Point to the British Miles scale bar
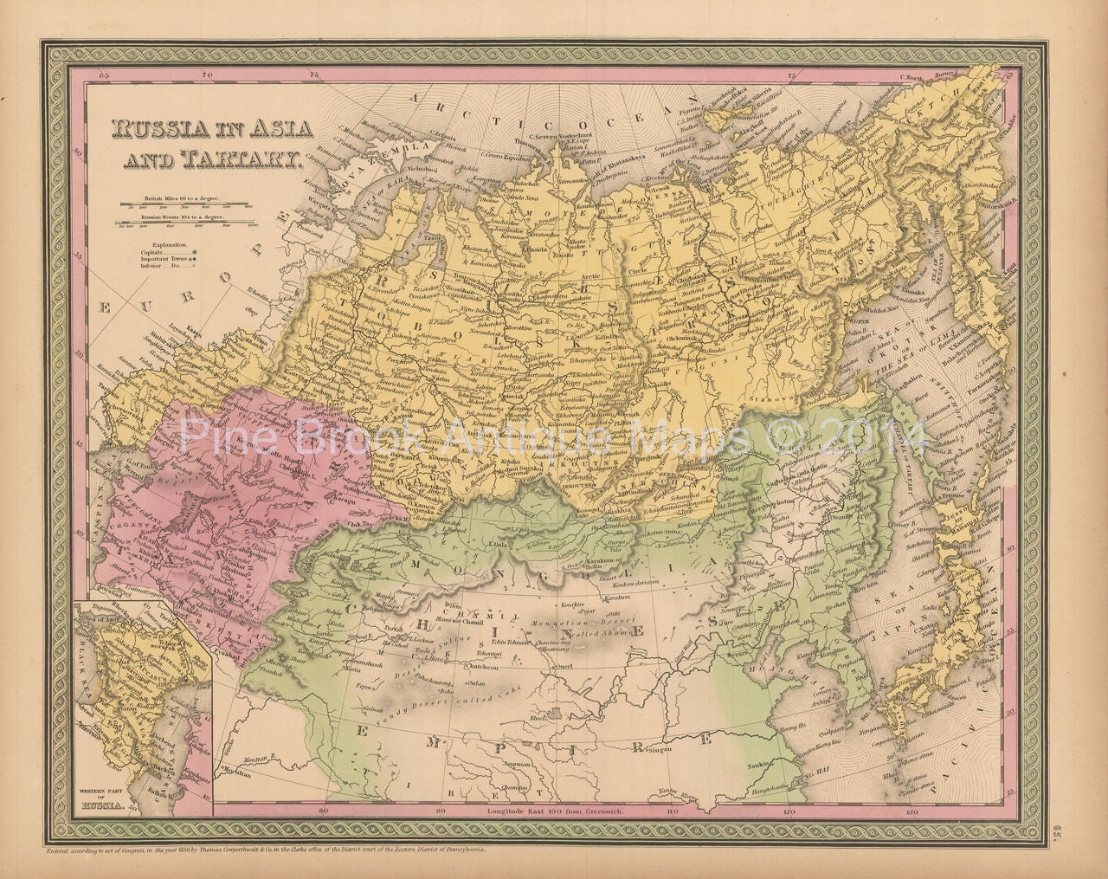pyautogui.click(x=185, y=206)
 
